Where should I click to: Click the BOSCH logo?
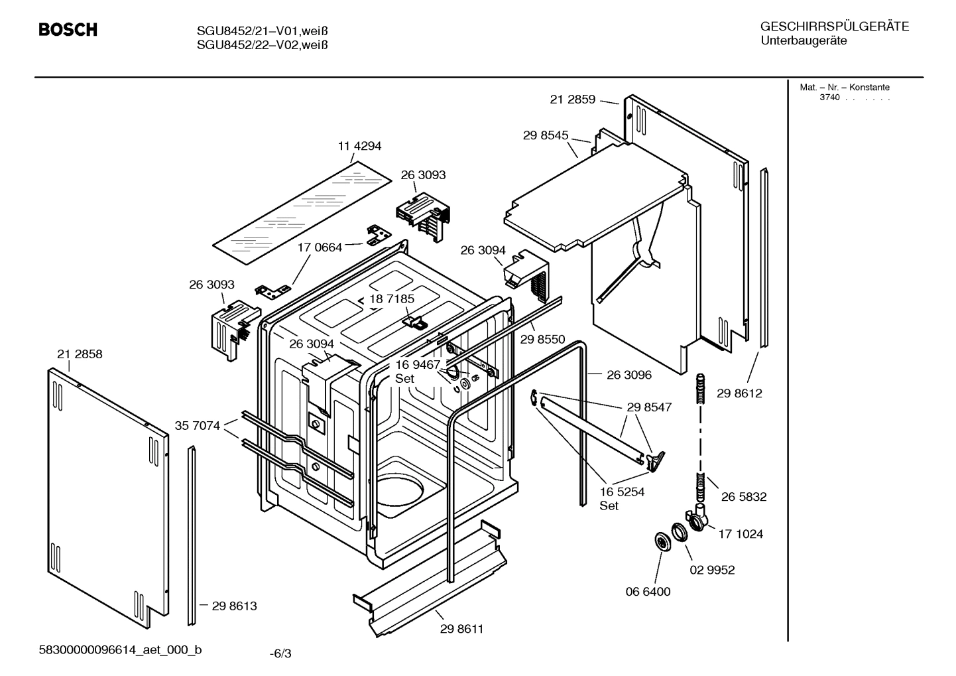pos(68,30)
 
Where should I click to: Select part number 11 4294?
pos(359,146)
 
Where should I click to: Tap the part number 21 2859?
pos(572,100)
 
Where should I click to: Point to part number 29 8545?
pos(545,135)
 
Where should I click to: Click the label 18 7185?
pos(392,299)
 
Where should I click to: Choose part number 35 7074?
pos(197,426)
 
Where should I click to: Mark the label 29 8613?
pos(234,606)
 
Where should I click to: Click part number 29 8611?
pos(461,628)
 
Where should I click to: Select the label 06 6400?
pos(648,591)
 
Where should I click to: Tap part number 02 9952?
pos(712,570)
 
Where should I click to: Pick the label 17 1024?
pos(740,534)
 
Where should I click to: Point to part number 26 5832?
pos(744,497)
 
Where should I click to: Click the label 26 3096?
pos(628,375)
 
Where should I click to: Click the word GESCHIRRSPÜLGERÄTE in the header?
pos(834,27)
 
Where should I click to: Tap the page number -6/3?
pos(280,653)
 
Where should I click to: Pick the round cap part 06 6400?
pos(662,541)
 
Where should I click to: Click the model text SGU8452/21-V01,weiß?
pos(263,31)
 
